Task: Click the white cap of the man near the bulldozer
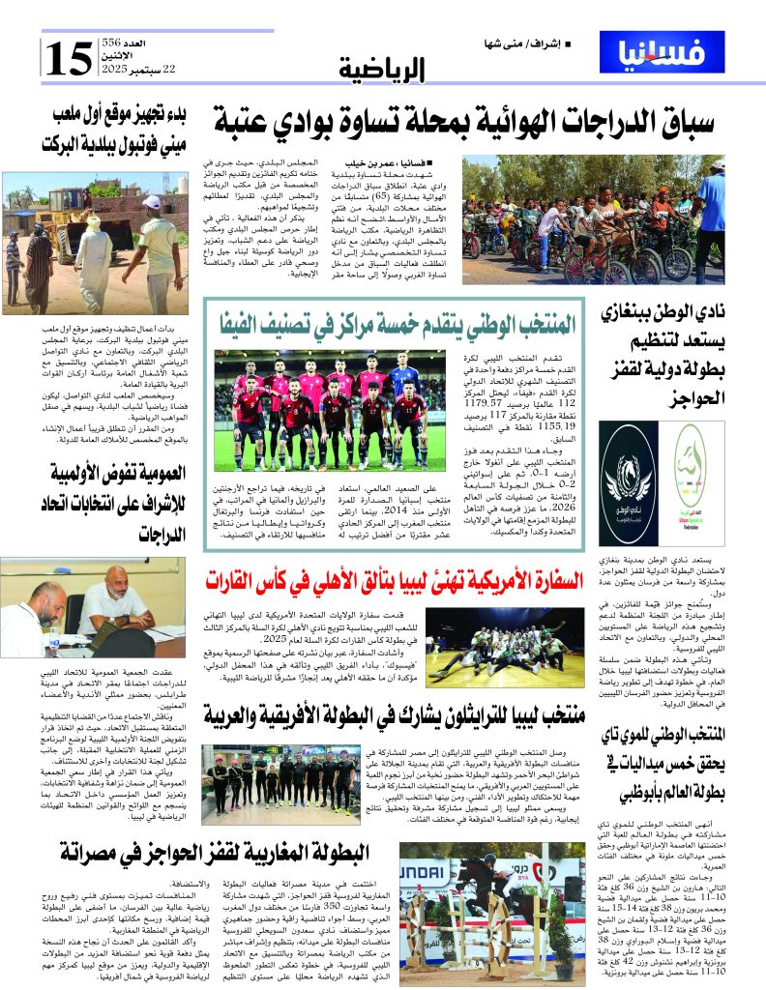pyautogui.click(x=151, y=202)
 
